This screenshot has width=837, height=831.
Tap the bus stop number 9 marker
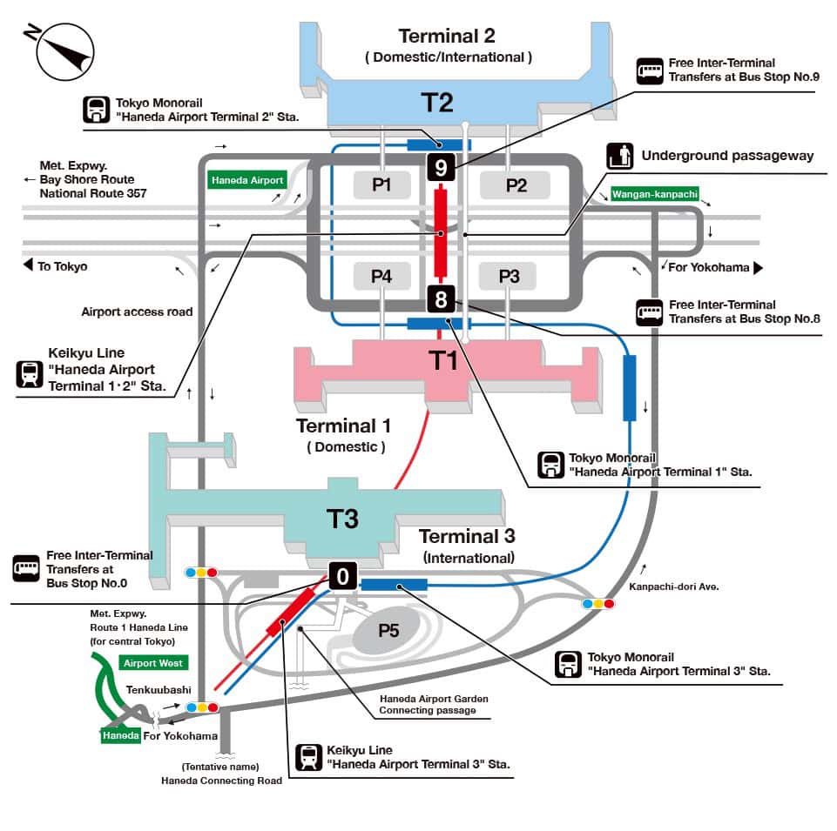point(442,166)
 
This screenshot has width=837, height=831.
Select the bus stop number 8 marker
point(441,301)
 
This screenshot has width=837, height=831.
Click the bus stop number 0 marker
point(343,575)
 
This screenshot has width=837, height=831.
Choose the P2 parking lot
point(516,184)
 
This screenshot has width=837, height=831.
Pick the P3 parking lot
point(510,277)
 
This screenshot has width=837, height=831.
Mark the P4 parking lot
point(381,277)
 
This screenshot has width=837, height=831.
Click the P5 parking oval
point(388,631)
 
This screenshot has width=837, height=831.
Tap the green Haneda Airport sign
point(246,180)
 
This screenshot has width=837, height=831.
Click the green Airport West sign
point(152,663)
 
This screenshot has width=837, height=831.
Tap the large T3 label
point(342,519)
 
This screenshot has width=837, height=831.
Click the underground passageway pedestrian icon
point(619,156)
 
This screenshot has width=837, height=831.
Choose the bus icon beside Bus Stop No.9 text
point(649,70)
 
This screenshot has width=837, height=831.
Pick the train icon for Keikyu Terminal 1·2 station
point(30,374)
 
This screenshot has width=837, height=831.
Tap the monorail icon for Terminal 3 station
point(569,665)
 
